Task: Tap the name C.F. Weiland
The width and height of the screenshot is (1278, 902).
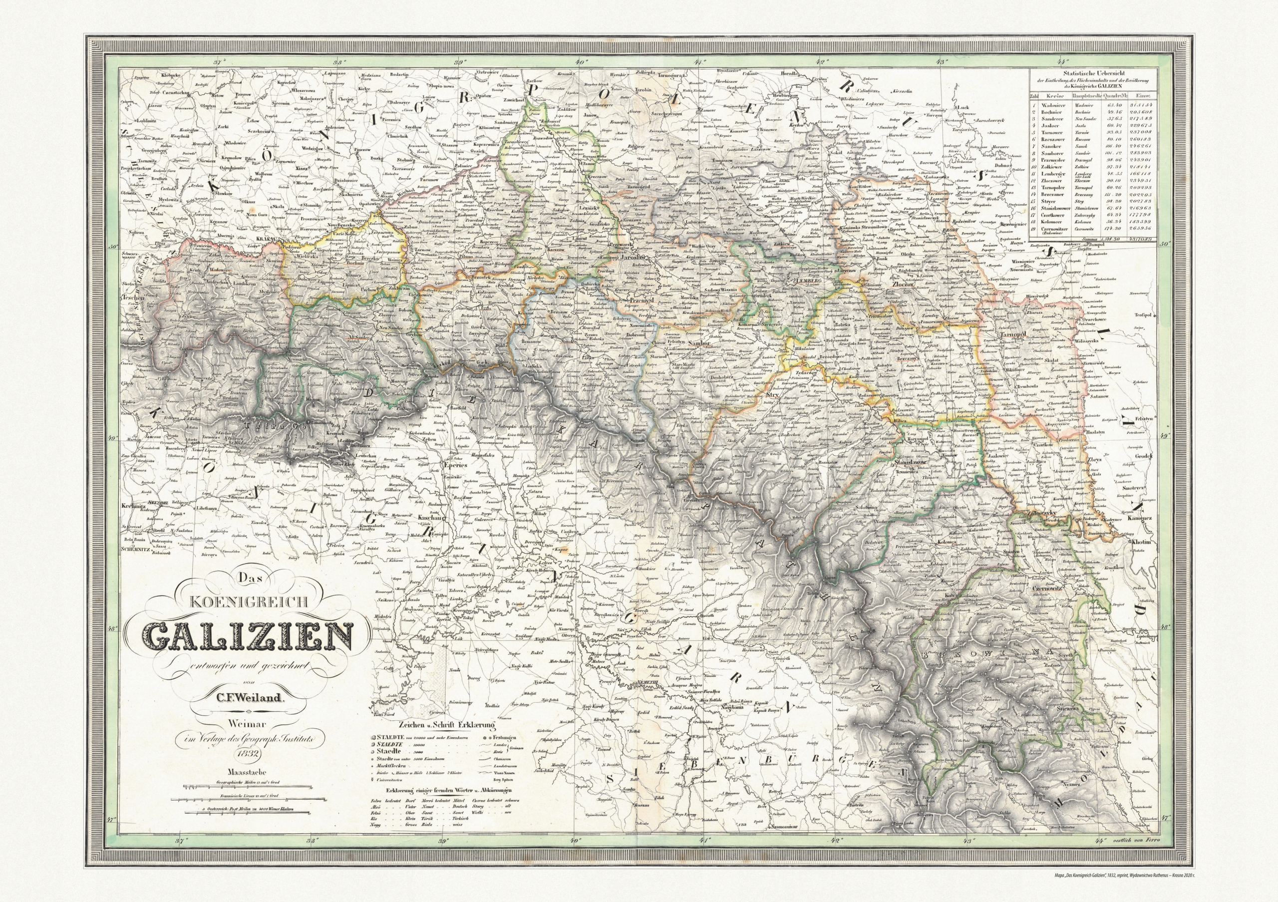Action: [x=246, y=697]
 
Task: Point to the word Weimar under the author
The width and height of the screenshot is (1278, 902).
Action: [x=246, y=724]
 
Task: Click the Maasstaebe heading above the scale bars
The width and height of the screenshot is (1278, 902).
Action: [x=246, y=772]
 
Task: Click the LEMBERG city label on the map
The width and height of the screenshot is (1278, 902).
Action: [x=803, y=281]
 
